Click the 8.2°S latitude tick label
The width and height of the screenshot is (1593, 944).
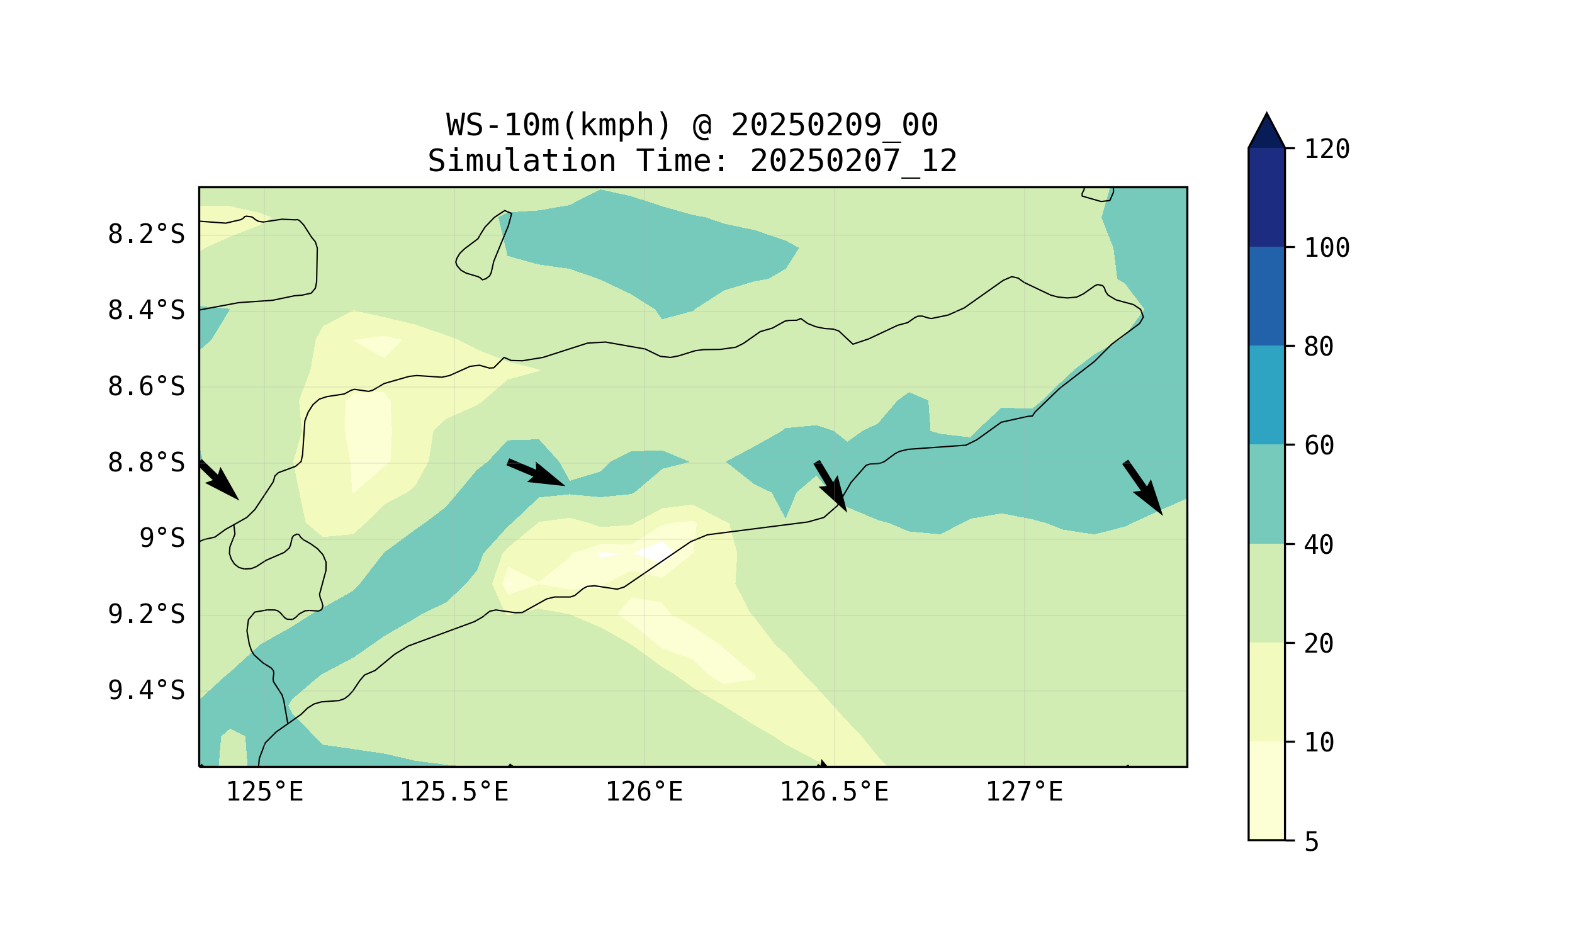coord(146,235)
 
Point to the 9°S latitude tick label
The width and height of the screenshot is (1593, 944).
coord(162,539)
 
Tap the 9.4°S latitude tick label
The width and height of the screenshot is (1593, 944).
coord(146,691)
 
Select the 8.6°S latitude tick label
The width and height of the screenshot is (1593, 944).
coord(146,387)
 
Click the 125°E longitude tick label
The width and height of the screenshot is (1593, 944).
coord(264,792)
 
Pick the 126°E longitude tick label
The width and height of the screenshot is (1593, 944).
coord(644,792)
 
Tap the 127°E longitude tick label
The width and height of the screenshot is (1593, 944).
coord(1024,792)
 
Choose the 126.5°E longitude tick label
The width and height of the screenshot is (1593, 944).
coord(834,792)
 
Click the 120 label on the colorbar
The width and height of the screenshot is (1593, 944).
coord(1327,150)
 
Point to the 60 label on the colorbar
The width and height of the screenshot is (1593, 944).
coord(1319,446)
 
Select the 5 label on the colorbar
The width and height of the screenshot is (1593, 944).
coord(1312,842)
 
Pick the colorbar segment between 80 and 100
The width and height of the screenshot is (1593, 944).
coord(1266,296)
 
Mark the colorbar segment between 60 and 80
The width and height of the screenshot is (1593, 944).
coord(1266,395)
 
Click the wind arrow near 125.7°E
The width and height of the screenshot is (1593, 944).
coord(536,473)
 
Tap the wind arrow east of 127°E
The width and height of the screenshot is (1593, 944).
coord(1142,488)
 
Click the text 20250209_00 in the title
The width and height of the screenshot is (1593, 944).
coord(834,125)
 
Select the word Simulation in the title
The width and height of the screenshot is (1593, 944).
coord(522,160)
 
